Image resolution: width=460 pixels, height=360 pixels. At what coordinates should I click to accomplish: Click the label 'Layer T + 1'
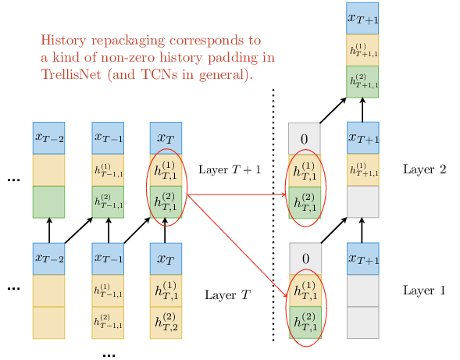click(230, 169)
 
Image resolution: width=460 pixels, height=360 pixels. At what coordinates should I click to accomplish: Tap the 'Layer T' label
click(227, 295)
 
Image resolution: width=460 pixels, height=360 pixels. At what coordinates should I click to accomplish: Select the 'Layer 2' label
click(425, 169)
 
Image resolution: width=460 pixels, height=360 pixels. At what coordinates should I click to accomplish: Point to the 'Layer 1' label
click(424, 290)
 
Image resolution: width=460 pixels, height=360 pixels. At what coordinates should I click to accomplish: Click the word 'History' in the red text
click(63, 40)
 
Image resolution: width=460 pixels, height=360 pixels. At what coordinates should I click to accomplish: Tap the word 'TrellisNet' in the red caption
click(71, 74)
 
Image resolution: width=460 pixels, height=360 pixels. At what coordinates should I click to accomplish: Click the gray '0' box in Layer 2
click(305, 139)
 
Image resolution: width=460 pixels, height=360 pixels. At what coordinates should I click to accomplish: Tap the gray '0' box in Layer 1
click(305, 258)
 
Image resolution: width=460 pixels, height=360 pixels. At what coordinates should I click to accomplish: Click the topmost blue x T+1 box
click(362, 19)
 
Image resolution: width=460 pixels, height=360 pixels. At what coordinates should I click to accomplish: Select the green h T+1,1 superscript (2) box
click(362, 81)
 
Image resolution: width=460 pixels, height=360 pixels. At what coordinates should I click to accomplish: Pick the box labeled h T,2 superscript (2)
click(166, 323)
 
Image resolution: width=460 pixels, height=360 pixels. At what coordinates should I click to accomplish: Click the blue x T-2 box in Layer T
click(48, 258)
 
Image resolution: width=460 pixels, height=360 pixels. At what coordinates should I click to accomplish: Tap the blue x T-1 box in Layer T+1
click(108, 138)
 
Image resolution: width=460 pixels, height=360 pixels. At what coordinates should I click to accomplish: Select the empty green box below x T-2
click(48, 201)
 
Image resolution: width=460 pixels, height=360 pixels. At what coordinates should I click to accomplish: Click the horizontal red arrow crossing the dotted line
click(237, 194)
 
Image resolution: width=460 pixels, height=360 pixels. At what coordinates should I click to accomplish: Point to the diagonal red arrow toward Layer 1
click(237, 246)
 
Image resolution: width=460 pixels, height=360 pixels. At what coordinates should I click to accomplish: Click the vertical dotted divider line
click(273, 215)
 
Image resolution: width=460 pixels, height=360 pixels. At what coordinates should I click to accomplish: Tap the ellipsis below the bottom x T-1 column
click(109, 355)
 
